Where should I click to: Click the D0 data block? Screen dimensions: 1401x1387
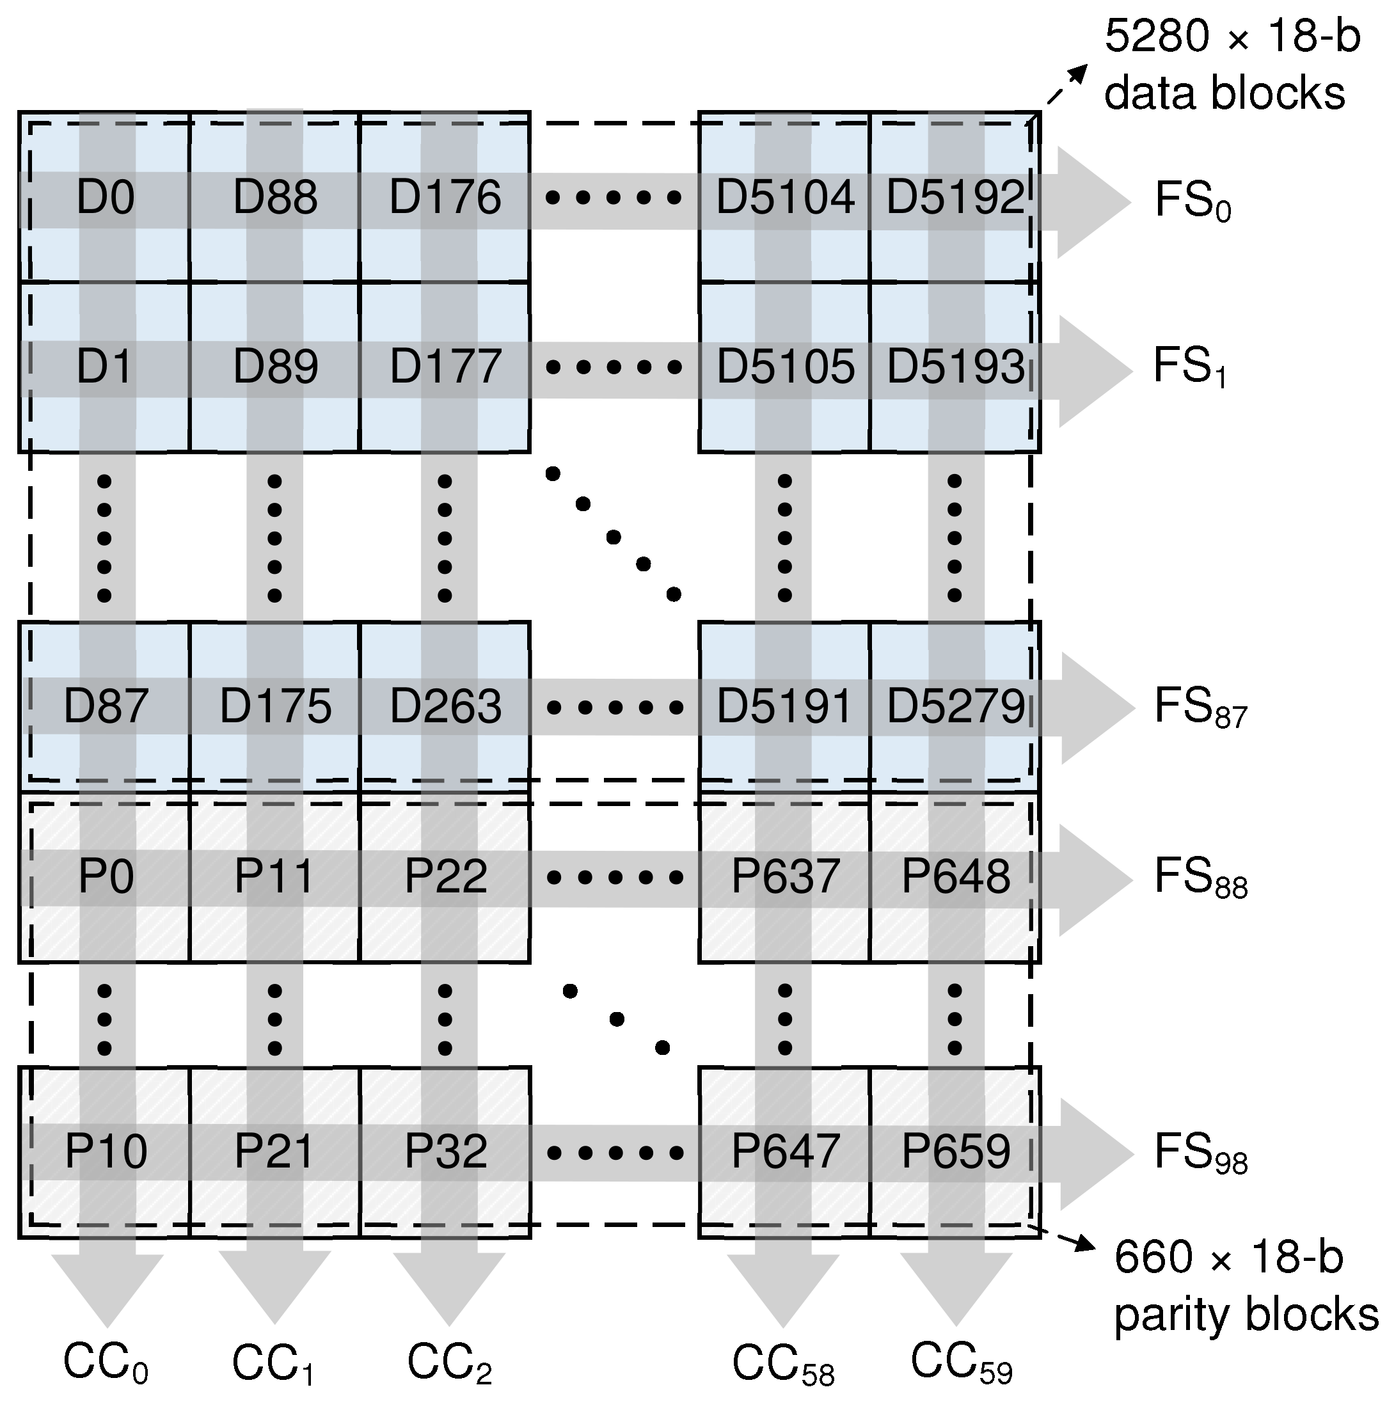(105, 197)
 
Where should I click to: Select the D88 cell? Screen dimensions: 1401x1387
(275, 197)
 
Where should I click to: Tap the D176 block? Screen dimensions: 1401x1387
(445, 197)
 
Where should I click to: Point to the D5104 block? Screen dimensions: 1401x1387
(784, 197)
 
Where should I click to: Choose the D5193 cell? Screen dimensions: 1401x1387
(955, 367)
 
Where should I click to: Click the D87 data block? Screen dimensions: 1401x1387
(105, 706)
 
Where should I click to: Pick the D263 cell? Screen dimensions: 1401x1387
(445, 706)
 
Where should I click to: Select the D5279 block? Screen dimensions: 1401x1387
(955, 706)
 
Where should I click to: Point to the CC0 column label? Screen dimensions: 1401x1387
(106, 1364)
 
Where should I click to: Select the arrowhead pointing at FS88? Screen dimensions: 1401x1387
(1095, 879)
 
